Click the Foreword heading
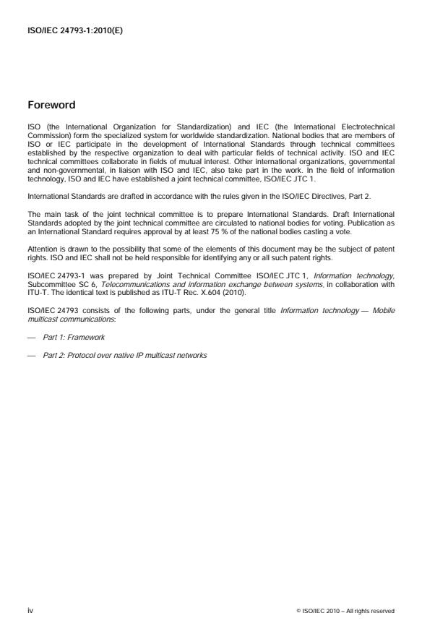(51, 105)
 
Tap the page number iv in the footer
(30, 610)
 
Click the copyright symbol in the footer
(298, 611)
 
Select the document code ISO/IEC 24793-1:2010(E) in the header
(74, 31)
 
